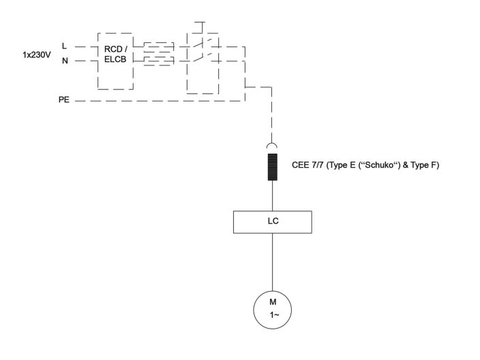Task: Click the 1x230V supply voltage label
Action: point(36,53)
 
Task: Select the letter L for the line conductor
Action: point(64,46)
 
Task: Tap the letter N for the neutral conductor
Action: point(65,61)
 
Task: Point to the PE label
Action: point(63,100)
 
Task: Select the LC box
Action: point(272,221)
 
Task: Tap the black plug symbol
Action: point(272,168)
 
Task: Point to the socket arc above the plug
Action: point(272,146)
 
